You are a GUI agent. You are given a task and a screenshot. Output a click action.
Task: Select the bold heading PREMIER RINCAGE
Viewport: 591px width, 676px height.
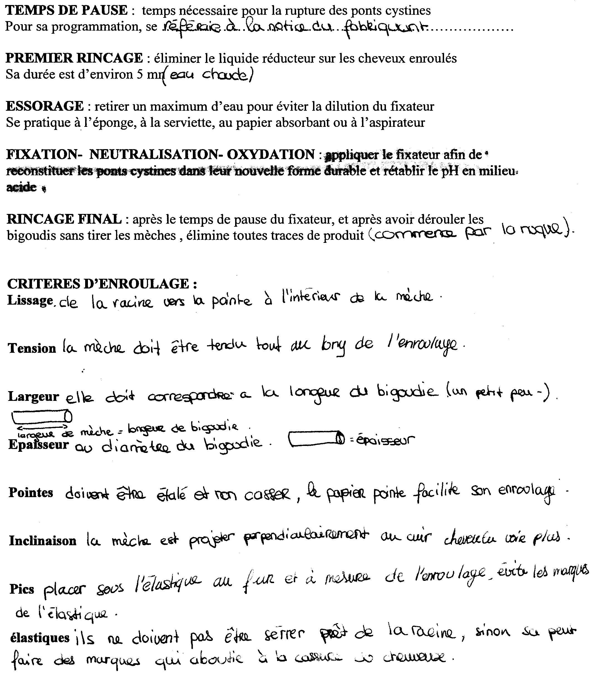click(x=75, y=58)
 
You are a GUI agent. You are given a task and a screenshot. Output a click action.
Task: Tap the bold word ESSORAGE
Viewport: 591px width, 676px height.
click(x=45, y=106)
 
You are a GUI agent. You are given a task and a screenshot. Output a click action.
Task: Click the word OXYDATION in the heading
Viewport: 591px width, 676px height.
click(x=271, y=154)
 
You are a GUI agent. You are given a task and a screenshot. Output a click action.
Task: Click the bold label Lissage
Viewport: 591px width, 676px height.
click(x=30, y=300)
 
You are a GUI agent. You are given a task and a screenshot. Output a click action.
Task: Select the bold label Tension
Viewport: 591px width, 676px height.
click(x=32, y=348)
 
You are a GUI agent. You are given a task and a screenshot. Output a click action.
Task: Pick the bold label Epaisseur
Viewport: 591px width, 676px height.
click(x=38, y=445)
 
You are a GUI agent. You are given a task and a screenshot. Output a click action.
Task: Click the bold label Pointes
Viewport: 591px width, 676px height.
click(x=31, y=493)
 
